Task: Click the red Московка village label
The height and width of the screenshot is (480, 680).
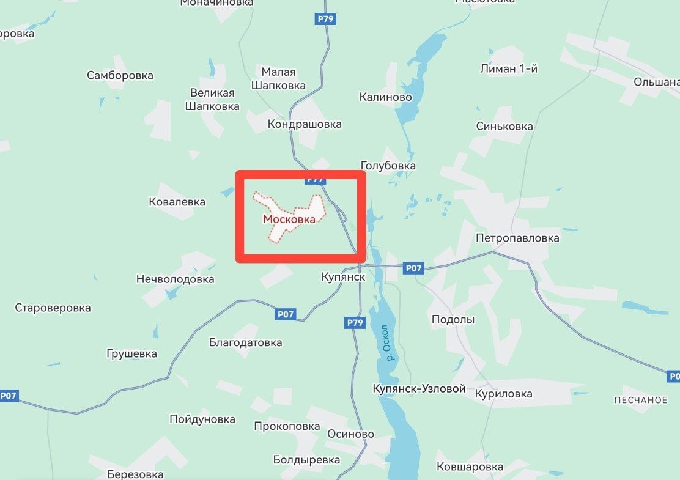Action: (x=289, y=219)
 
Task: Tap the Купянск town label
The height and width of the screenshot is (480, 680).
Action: (x=343, y=277)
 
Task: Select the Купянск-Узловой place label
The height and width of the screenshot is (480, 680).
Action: (x=419, y=389)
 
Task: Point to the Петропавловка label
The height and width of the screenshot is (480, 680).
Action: (x=518, y=238)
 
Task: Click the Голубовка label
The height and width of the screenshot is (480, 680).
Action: (x=388, y=166)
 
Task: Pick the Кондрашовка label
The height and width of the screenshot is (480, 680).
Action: (x=305, y=124)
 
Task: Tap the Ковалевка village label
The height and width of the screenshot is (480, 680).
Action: (x=177, y=202)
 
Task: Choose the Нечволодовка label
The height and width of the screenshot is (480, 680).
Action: (x=176, y=279)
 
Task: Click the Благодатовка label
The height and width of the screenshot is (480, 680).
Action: (x=246, y=342)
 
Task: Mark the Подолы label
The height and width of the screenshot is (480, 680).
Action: (x=453, y=319)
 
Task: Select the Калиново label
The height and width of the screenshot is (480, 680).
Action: (x=386, y=97)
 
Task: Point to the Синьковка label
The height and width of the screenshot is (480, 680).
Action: (x=504, y=127)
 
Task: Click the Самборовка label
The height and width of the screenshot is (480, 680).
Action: (x=120, y=76)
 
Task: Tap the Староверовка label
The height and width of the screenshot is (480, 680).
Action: (x=53, y=308)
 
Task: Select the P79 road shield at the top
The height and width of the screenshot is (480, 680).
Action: (x=325, y=19)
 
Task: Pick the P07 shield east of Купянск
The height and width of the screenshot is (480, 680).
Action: (x=413, y=268)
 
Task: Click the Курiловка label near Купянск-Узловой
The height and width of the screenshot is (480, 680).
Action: (x=503, y=394)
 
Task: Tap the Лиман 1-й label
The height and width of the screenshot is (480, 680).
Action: (x=509, y=68)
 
